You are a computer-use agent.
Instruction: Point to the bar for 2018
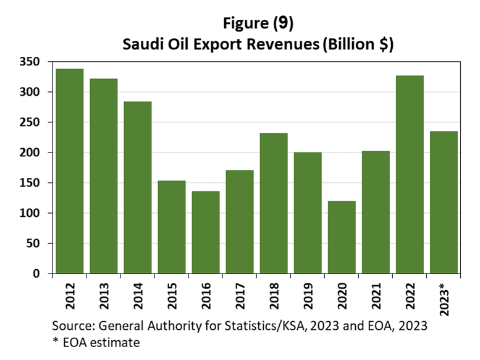click(273, 203)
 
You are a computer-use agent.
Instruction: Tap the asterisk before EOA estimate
click(56, 341)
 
